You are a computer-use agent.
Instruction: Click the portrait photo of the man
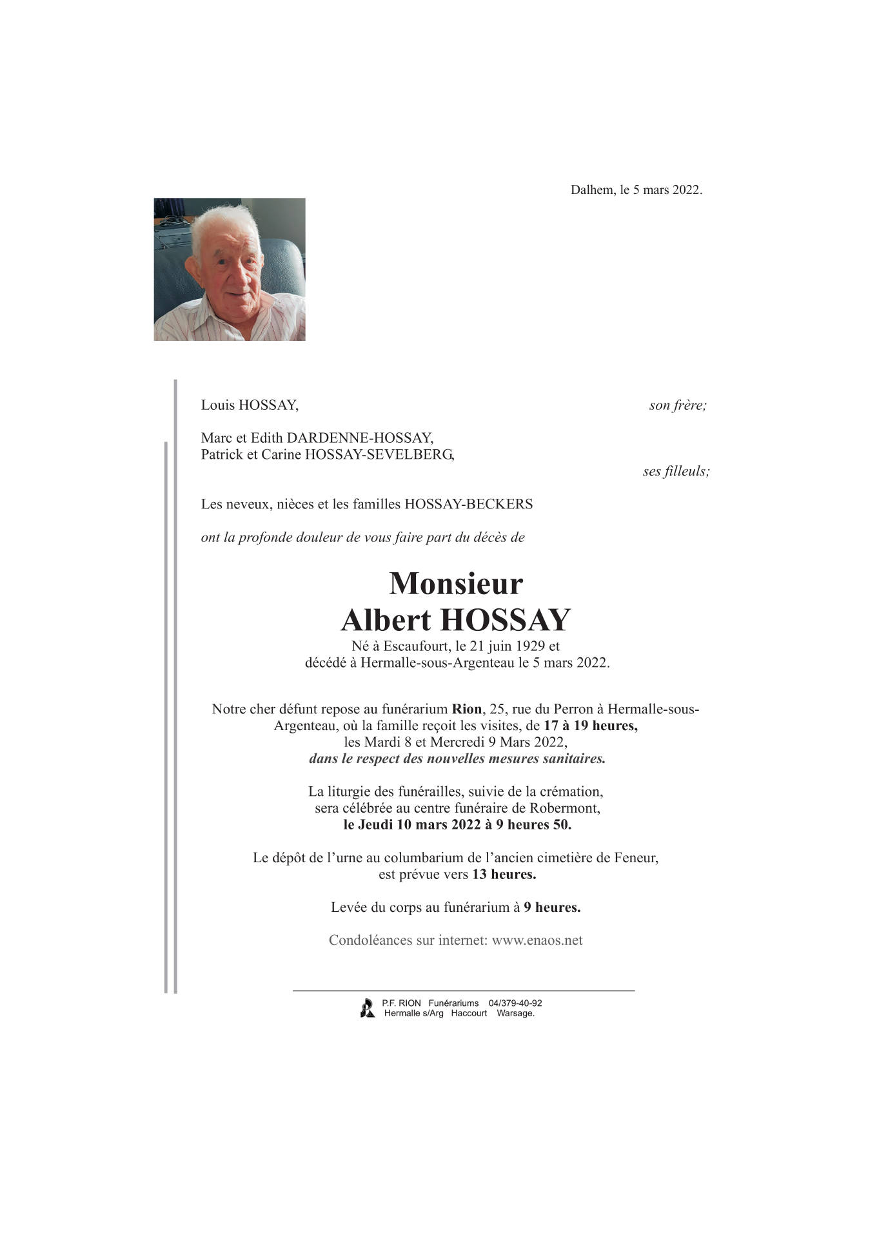pyautogui.click(x=230, y=269)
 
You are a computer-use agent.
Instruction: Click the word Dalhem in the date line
pyautogui.click(x=592, y=190)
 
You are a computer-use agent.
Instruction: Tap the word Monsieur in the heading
pyautogui.click(x=456, y=584)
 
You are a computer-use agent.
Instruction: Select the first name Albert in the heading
pyautogui.click(x=386, y=620)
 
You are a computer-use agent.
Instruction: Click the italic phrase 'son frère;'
pyautogui.click(x=678, y=405)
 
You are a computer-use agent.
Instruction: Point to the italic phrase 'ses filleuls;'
pyautogui.click(x=676, y=471)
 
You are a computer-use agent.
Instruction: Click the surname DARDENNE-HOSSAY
pyautogui.click(x=360, y=438)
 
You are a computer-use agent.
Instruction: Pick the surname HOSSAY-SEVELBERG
pyautogui.click(x=379, y=454)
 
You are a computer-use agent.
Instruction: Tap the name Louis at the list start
pyautogui.click(x=218, y=405)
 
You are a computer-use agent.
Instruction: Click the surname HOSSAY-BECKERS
pyautogui.click(x=468, y=505)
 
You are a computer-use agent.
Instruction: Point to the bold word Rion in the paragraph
pyautogui.click(x=467, y=710)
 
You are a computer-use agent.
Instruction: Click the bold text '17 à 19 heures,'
pyautogui.click(x=590, y=726)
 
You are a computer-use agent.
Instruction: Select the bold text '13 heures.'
pyautogui.click(x=504, y=874)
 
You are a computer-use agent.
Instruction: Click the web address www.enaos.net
pyautogui.click(x=537, y=940)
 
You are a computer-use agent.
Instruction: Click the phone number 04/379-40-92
pyautogui.click(x=515, y=1003)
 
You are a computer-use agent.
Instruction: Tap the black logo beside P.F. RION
pyautogui.click(x=368, y=1008)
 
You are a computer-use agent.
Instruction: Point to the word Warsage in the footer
pyautogui.click(x=515, y=1014)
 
